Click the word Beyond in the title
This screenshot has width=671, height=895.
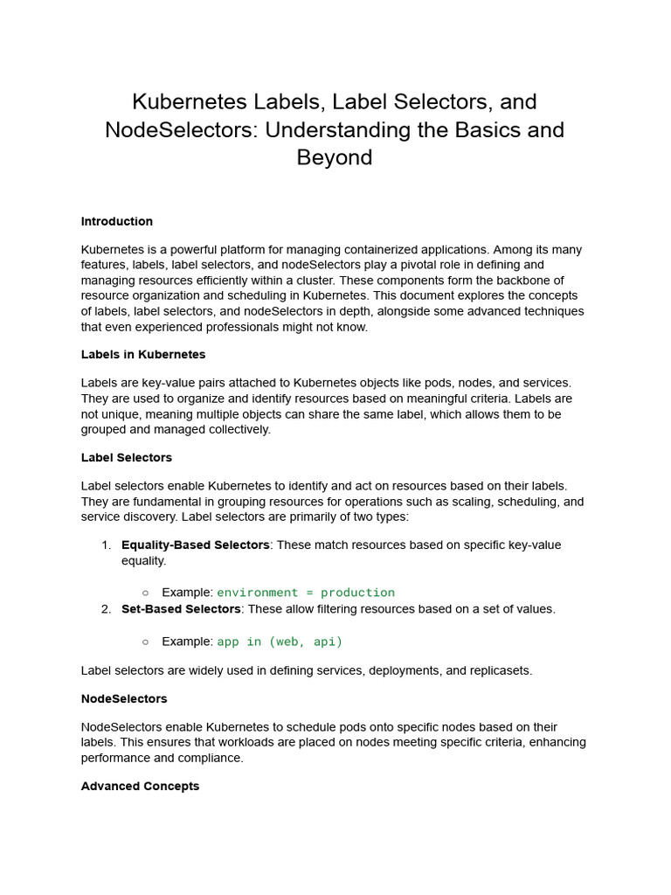coord(335,157)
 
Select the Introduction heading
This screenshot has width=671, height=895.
coord(117,221)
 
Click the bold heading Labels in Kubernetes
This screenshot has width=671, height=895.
coord(143,354)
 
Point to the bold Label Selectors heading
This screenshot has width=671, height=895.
coord(127,457)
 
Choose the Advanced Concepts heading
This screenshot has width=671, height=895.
coord(140,786)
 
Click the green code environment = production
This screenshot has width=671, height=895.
coord(306,593)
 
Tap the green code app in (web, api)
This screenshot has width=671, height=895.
coord(280,642)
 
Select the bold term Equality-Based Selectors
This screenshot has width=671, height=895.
coord(195,545)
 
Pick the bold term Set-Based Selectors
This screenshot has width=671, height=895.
coord(181,608)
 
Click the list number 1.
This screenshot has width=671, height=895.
coord(106,545)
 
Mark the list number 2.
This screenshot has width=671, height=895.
coord(106,608)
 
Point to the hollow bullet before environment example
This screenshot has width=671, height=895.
coord(145,593)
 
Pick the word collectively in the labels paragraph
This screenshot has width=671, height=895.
coord(236,429)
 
